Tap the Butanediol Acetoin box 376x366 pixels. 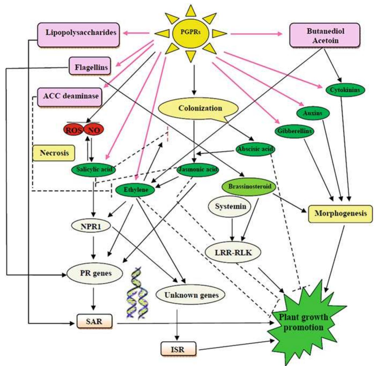[x=325, y=36]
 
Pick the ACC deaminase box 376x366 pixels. [x=70, y=97]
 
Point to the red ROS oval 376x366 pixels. [x=73, y=130]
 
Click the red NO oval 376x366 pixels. [x=94, y=130]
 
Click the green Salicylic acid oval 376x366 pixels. [x=93, y=170]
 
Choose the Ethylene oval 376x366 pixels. [x=135, y=190]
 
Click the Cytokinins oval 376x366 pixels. [x=345, y=90]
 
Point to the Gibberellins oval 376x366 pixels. [x=294, y=131]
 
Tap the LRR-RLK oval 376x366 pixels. [x=233, y=252]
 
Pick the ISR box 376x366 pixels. [x=178, y=349]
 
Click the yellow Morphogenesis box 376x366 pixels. [x=340, y=214]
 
